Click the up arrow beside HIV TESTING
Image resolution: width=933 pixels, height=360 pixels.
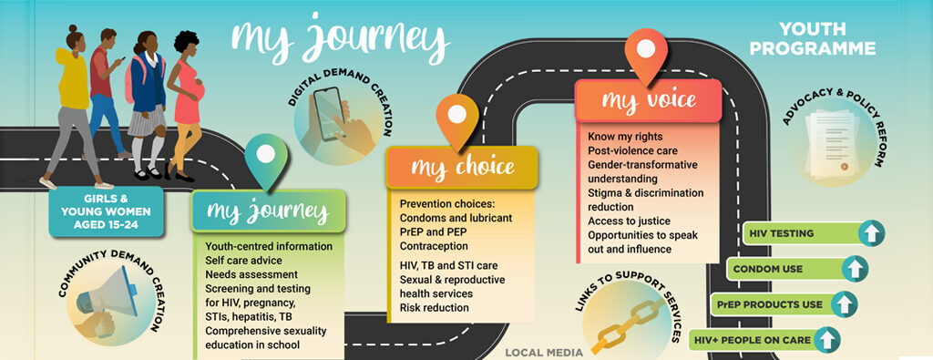(x=871, y=233)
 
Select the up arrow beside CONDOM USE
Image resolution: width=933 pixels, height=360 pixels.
(x=855, y=269)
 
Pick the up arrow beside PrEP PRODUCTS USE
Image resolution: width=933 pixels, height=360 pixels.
(x=845, y=304)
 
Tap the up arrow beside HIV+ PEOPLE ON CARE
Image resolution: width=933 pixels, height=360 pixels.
(x=827, y=340)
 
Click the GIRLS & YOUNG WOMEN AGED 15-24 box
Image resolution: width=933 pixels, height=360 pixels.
(x=106, y=211)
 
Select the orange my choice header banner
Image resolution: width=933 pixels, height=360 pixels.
(x=462, y=167)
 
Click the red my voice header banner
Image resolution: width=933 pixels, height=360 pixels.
(x=648, y=100)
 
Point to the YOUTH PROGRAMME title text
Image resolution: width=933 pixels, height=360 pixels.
(x=812, y=38)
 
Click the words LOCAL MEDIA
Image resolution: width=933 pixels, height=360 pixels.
(x=544, y=353)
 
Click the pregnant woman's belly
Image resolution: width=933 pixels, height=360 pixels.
(x=198, y=90)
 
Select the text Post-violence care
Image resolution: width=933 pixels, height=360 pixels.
(x=632, y=150)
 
